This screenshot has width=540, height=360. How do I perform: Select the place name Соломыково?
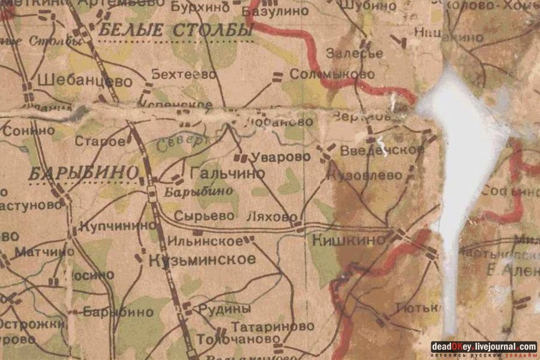(x=332, y=74)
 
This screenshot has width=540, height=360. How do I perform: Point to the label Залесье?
(x=355, y=53)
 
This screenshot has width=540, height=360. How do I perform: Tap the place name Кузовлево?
(x=365, y=175)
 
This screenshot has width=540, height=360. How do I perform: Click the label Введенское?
(x=382, y=150)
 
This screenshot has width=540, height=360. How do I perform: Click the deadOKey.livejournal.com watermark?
(x=483, y=347)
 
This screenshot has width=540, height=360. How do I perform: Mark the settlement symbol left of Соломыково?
(x=277, y=76)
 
